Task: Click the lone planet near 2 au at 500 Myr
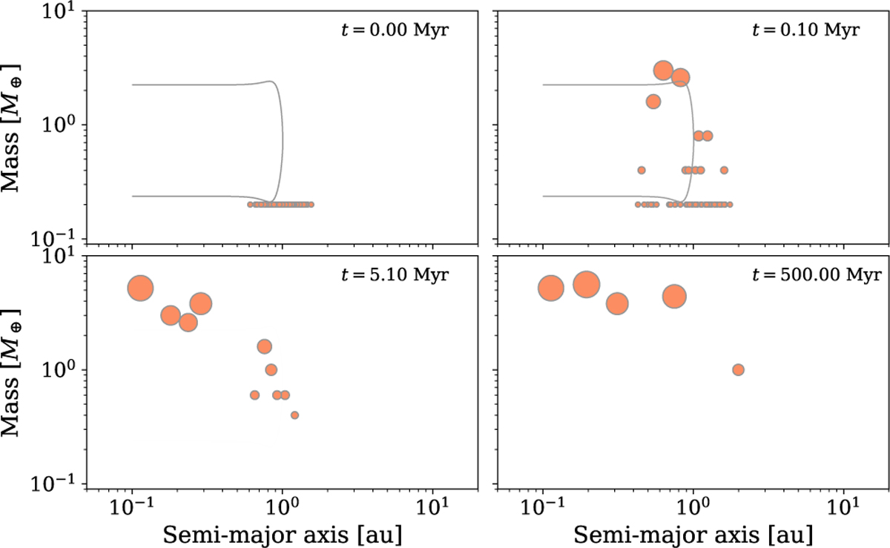[x=738, y=369]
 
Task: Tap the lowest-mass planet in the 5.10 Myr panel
[x=294, y=415]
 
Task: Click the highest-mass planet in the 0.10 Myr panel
[x=663, y=71]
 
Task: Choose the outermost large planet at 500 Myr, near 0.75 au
[x=674, y=297]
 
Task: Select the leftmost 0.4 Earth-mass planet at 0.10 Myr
[x=642, y=170]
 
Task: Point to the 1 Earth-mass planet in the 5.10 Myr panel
[x=271, y=369]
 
